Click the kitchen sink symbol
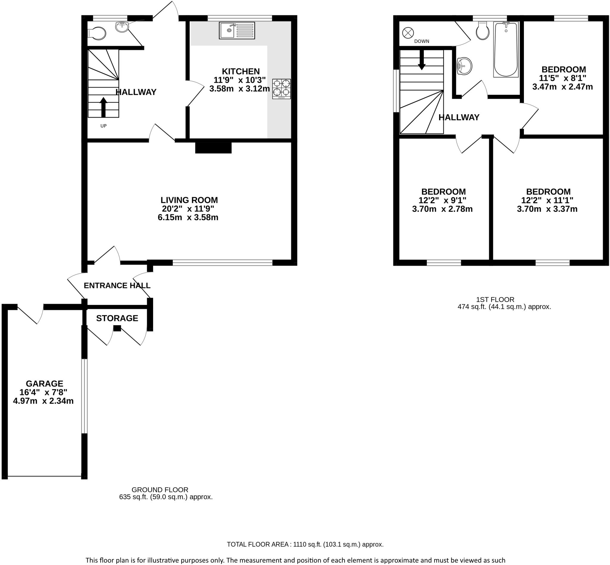[237, 30]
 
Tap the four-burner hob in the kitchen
[281, 89]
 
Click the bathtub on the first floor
[506, 49]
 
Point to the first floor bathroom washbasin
[464, 66]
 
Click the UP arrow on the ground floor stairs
[103, 107]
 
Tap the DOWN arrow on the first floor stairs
[422, 60]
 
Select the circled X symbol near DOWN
[408, 33]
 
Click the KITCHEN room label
[241, 71]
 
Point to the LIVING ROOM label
[189, 200]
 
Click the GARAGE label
[44, 383]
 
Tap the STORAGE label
[117, 318]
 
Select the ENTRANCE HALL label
[117, 286]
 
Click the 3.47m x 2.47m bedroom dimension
[562, 87]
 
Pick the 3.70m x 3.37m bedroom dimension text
[547, 209]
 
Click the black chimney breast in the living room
[213, 148]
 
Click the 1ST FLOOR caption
[495, 300]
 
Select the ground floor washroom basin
[122, 27]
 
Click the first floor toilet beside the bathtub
[483, 32]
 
